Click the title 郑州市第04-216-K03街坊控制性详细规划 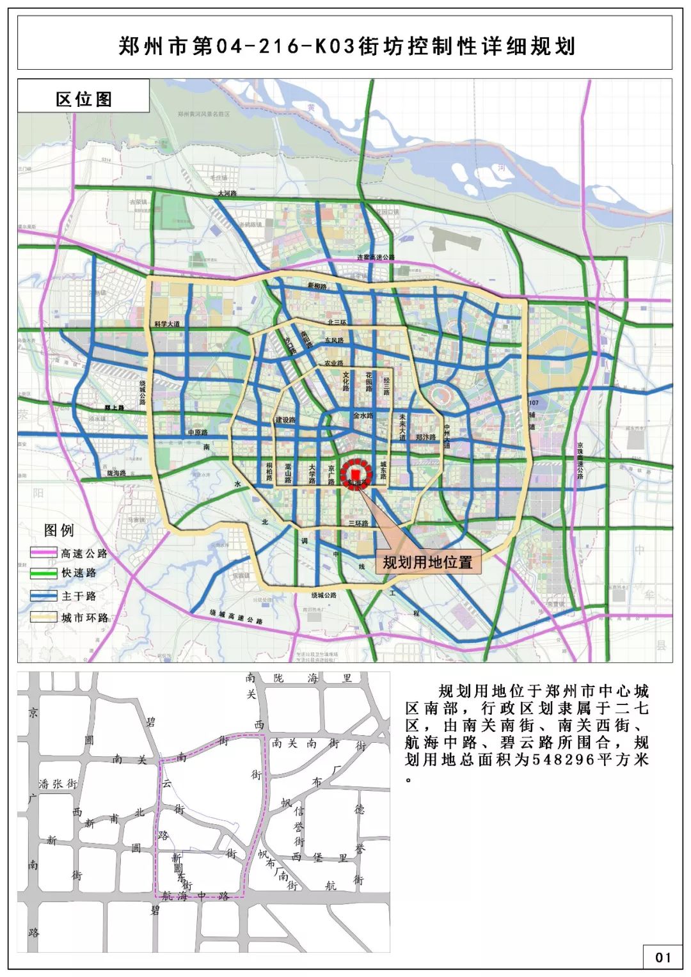point(346,47)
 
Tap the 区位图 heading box point(84,99)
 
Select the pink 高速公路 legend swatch point(44,553)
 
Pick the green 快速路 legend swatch point(44,573)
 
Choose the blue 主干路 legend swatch point(44,596)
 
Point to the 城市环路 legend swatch point(44,617)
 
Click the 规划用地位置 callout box point(427,562)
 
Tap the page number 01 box point(663,957)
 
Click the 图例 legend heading point(59,530)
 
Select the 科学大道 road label point(167,324)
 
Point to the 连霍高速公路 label point(376,257)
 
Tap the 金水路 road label point(363,416)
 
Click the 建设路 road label point(285,420)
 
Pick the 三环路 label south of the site point(358,523)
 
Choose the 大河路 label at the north point(227,193)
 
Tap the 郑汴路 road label point(425,438)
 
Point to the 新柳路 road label point(317,286)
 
